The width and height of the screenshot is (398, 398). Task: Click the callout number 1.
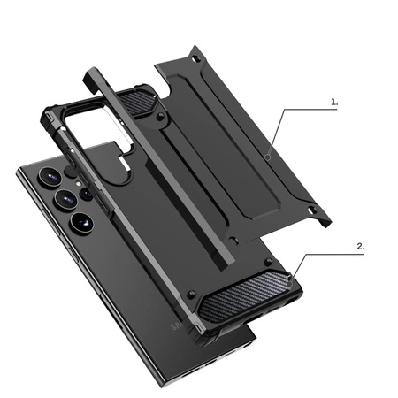[x=333, y=102]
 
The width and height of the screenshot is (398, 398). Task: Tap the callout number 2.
[x=360, y=247]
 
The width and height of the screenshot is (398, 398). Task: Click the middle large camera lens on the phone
[x=65, y=199]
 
